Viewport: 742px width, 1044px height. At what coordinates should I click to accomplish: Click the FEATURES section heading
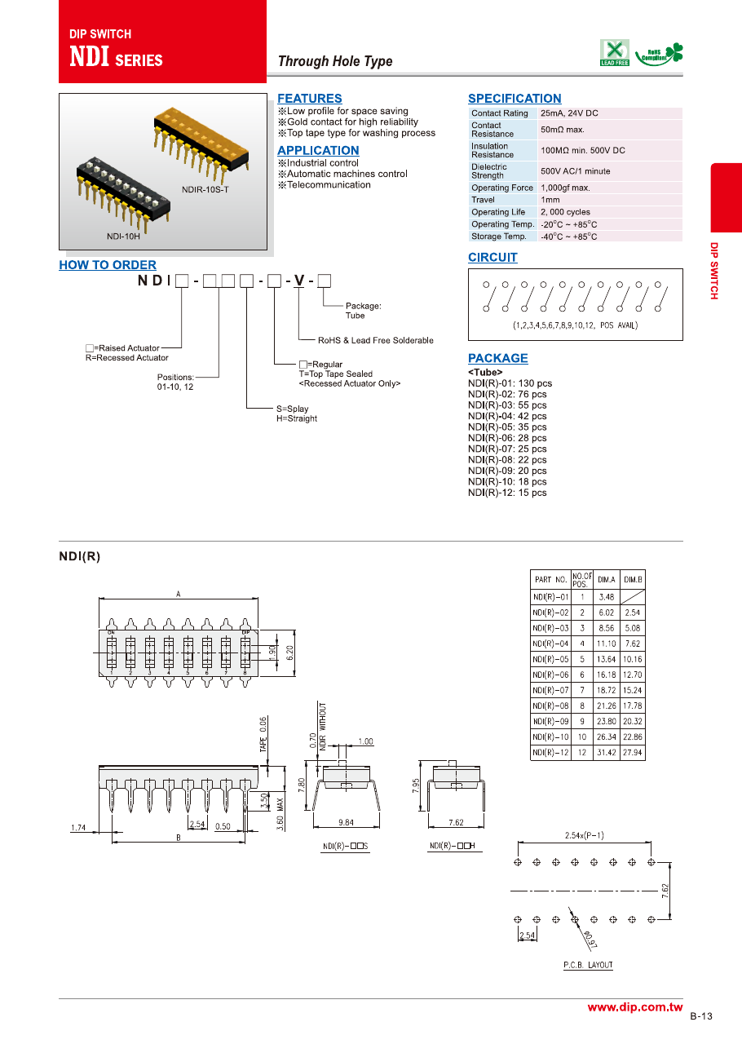click(309, 99)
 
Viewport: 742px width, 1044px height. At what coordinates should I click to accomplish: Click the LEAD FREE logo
click(615, 52)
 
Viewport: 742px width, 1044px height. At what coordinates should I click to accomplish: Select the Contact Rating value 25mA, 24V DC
click(569, 113)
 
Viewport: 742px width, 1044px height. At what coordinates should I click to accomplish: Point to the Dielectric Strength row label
click(489, 171)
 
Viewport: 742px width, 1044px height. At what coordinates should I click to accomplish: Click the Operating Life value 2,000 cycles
click(565, 212)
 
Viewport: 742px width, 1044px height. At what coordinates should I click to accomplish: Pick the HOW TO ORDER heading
click(108, 265)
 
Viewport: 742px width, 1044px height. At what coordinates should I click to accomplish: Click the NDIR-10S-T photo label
click(205, 190)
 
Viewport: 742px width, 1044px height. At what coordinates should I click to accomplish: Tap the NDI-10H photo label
click(124, 237)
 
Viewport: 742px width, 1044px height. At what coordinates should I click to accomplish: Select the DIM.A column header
click(607, 580)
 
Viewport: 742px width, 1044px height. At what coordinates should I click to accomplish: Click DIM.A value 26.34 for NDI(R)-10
click(607, 737)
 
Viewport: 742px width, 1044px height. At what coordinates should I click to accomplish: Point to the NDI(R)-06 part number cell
click(550, 675)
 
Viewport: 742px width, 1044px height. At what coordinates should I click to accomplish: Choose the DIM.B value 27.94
click(633, 753)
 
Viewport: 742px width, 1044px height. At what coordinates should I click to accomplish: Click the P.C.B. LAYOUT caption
click(588, 966)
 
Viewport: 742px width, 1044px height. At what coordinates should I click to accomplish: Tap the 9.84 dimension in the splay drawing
click(345, 823)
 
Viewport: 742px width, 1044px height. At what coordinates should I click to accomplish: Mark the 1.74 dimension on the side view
click(78, 829)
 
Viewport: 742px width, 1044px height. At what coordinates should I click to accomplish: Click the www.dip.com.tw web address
click(634, 1008)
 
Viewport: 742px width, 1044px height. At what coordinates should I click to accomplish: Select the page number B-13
click(700, 1016)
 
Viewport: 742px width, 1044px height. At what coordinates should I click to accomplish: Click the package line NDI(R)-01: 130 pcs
click(510, 383)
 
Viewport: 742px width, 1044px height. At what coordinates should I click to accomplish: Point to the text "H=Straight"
click(297, 419)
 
